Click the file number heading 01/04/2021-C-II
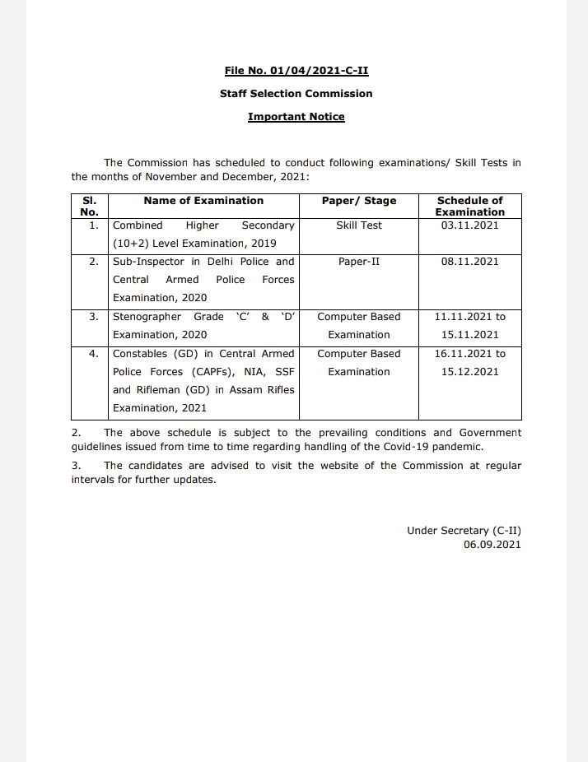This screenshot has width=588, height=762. click(296, 71)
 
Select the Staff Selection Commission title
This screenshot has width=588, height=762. click(296, 94)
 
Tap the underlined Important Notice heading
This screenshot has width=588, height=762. click(296, 117)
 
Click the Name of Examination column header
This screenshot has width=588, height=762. click(203, 201)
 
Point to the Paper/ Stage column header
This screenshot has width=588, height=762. click(359, 201)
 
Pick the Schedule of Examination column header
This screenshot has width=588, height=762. click(469, 206)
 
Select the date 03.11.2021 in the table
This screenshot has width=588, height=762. click(469, 225)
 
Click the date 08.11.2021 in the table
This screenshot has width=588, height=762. click(469, 262)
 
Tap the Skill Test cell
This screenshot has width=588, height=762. click(359, 225)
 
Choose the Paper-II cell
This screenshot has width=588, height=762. click(359, 262)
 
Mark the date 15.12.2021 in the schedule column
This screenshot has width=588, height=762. click(469, 372)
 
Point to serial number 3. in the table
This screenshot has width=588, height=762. click(94, 317)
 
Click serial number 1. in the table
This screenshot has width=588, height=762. click(94, 225)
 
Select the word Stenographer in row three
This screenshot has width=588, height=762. click(147, 317)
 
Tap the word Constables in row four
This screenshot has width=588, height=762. click(139, 354)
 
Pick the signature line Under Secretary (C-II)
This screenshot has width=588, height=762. click(464, 531)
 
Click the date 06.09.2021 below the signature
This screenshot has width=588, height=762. click(492, 545)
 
